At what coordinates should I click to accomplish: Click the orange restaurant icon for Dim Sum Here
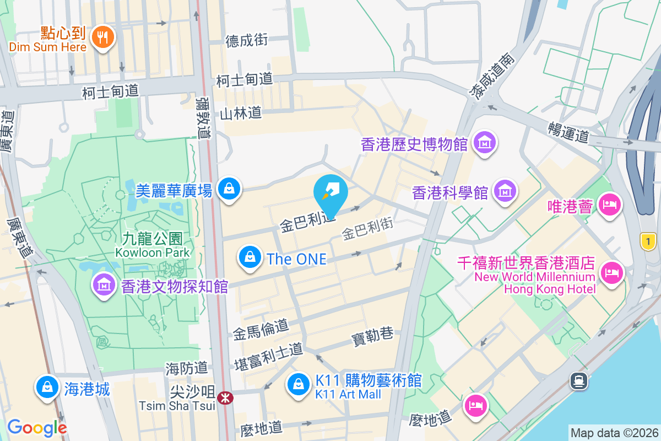coord(102,36)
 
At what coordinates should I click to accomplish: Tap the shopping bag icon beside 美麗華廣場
coord(228,189)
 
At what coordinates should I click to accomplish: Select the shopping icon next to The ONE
coord(250,257)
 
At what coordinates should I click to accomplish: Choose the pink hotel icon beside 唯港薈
coord(610,205)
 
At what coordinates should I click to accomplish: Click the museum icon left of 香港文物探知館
coord(103,286)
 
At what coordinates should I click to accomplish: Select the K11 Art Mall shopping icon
coord(299,384)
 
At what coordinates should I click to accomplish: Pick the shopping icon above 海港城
coord(47,387)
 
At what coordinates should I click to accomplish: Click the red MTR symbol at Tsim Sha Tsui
coord(225,397)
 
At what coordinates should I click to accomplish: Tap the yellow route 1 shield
coord(649,241)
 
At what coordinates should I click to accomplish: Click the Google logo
coord(37,428)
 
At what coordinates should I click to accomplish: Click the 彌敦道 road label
coord(203,118)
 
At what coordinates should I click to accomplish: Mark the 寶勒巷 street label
coord(373,334)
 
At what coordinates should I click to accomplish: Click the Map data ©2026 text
coord(614,433)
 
